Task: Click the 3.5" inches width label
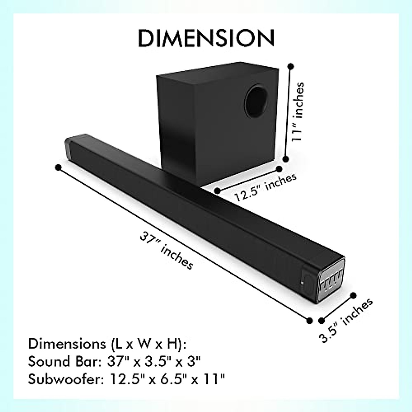tap(346, 320)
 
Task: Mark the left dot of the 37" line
tap(58, 167)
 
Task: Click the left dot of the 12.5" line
tap(217, 190)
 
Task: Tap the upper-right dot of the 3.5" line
tap(353, 295)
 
